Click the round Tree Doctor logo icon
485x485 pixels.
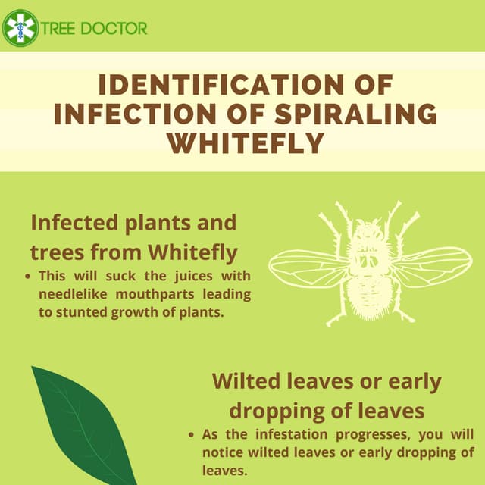point(20,29)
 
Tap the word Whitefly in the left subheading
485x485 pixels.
point(194,252)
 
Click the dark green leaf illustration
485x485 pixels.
point(80,424)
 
